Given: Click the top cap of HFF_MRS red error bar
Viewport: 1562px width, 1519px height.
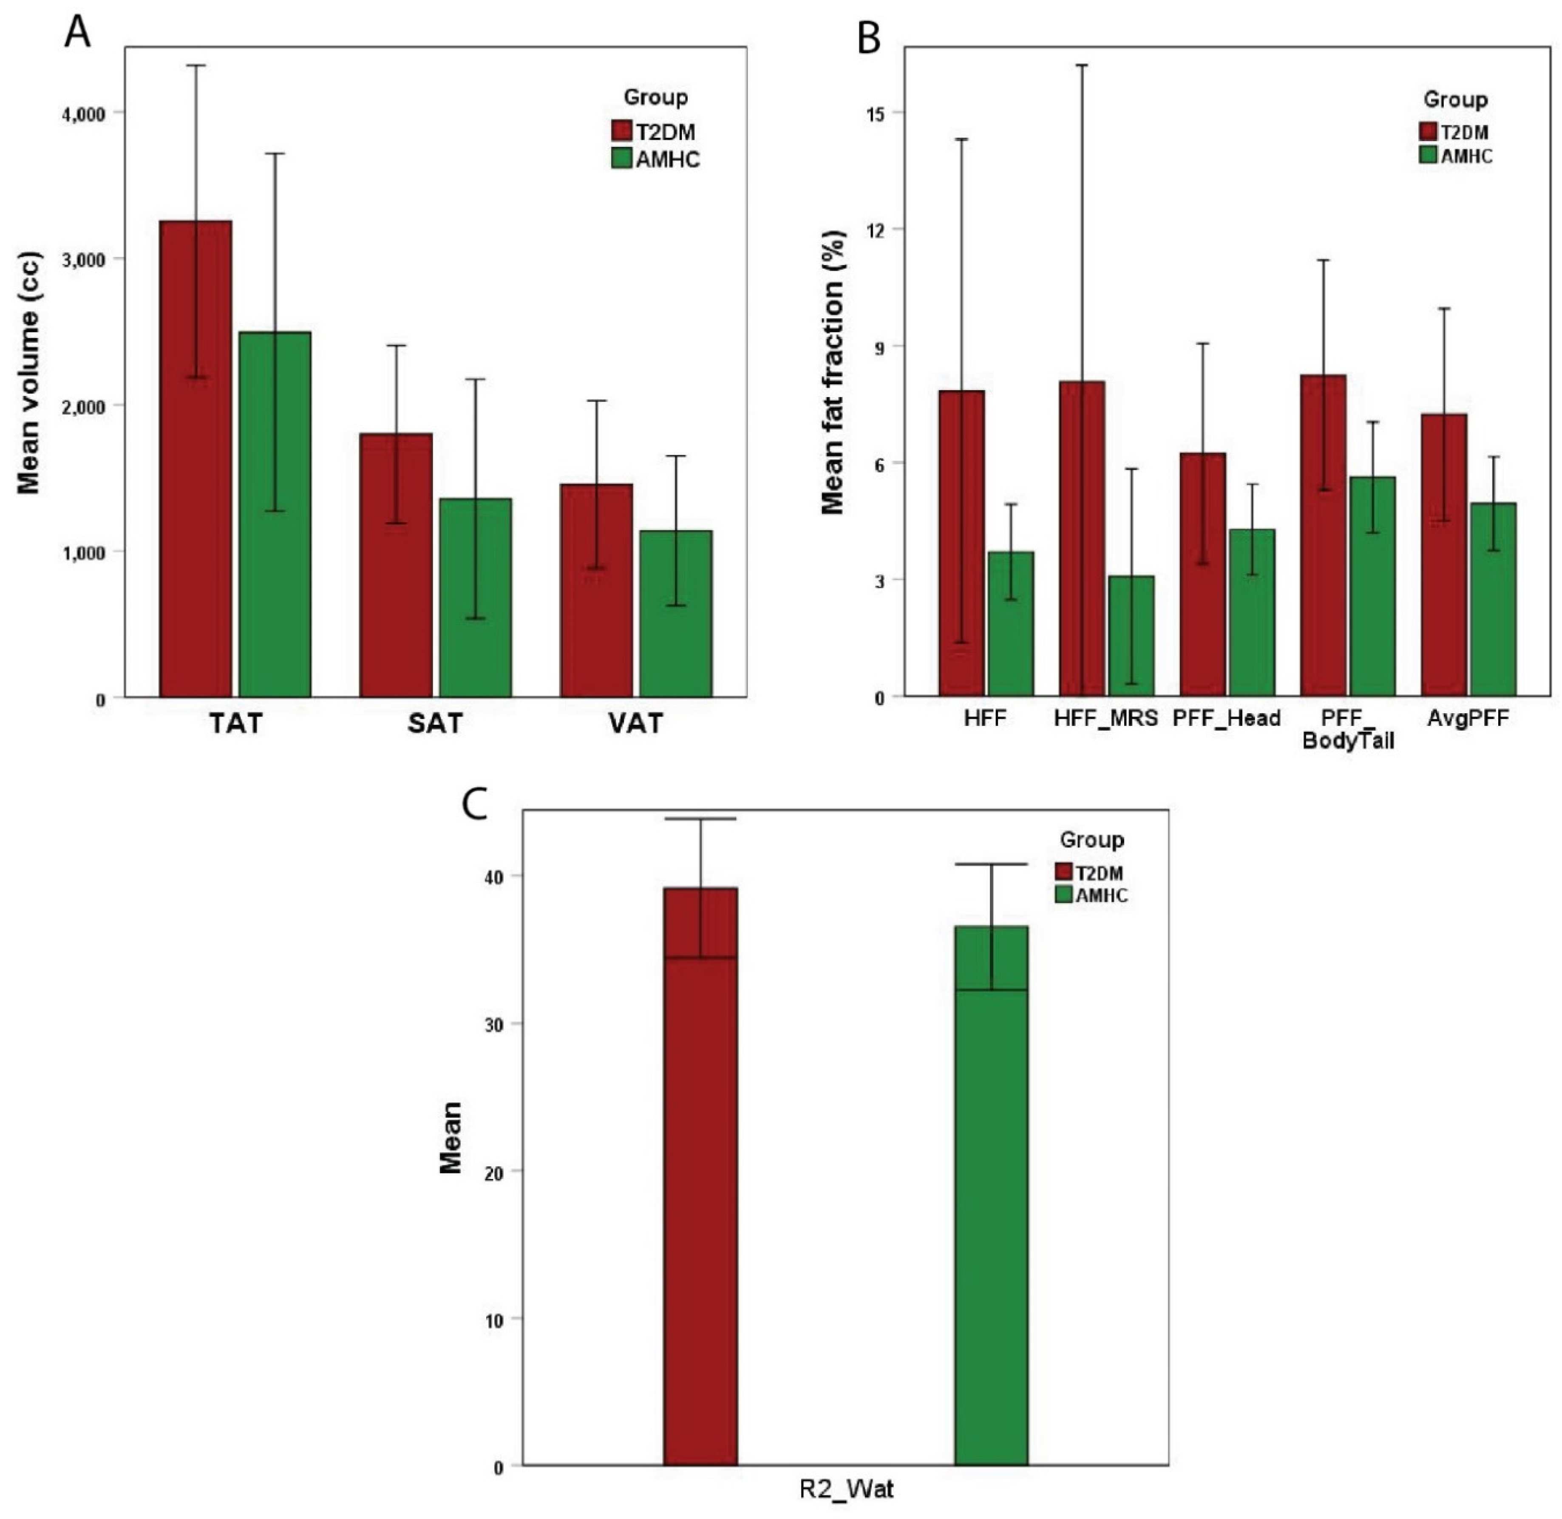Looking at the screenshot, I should pos(1082,65).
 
